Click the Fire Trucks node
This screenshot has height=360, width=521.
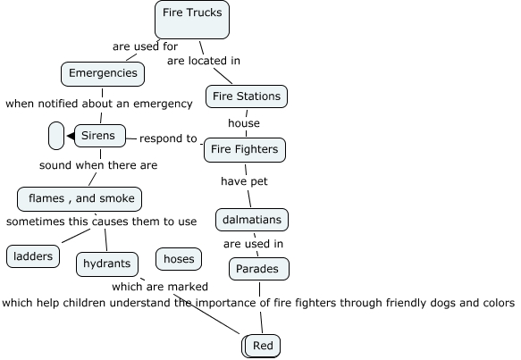coord(192,20)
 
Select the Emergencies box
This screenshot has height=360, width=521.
coord(103,74)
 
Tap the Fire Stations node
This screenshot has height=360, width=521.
coord(247,96)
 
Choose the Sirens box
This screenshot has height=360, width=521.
coord(100,136)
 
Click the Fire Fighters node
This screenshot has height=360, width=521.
coord(245,150)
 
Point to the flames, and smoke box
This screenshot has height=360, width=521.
coord(80,199)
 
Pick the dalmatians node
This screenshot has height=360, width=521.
coord(252,220)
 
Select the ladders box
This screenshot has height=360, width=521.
coord(33,256)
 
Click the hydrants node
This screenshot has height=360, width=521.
coord(107,264)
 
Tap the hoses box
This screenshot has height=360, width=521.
coord(179,259)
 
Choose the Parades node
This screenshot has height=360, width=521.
coord(259,269)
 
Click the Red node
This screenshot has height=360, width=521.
coord(263,346)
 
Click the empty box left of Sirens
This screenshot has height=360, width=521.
coord(56,136)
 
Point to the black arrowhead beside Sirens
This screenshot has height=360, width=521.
coord(71,136)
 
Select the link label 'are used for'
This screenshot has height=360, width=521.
coord(145,46)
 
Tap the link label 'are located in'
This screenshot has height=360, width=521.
coord(204,61)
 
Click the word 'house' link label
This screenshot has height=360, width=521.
coord(244,123)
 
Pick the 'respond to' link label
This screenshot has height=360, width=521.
coord(168,138)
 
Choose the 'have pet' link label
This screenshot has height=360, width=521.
coord(244,181)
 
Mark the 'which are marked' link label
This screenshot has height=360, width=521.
coord(160,287)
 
